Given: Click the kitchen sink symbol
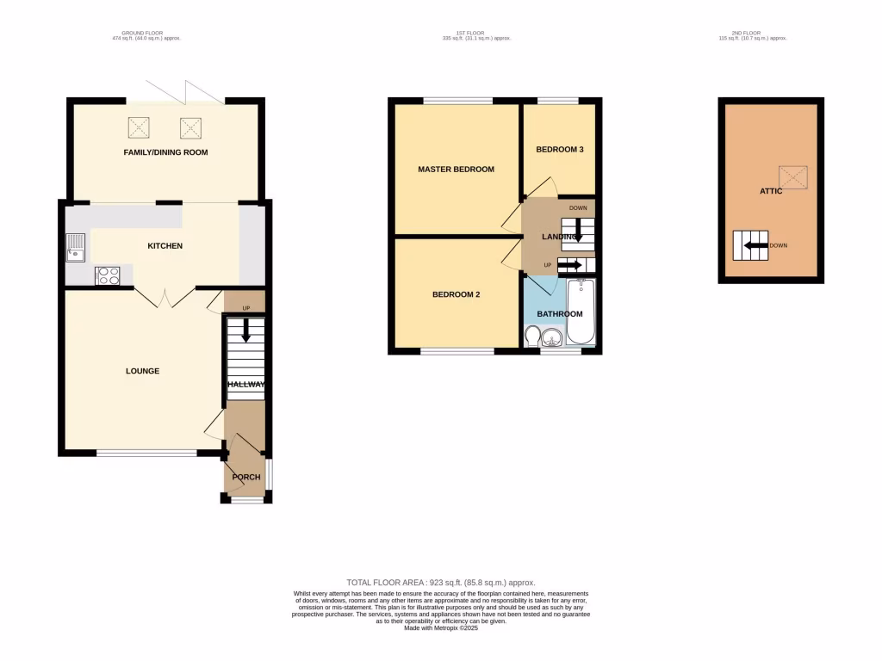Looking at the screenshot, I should click(75, 248).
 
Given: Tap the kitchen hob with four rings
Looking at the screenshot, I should click(108, 276).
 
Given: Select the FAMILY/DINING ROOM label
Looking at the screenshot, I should click(165, 152).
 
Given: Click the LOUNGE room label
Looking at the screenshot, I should click(142, 371).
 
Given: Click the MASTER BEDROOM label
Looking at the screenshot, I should click(456, 170).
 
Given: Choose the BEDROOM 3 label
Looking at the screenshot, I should click(560, 150).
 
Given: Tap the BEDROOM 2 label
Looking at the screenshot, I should click(456, 294).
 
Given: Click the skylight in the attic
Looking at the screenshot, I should click(793, 177).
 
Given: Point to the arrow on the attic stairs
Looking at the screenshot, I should click(755, 245).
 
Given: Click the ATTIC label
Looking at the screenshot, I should click(771, 191).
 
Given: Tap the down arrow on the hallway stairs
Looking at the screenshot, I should click(245, 330).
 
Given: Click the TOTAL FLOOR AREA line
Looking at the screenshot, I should click(440, 583).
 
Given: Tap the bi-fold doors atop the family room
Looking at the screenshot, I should click(185, 91).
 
